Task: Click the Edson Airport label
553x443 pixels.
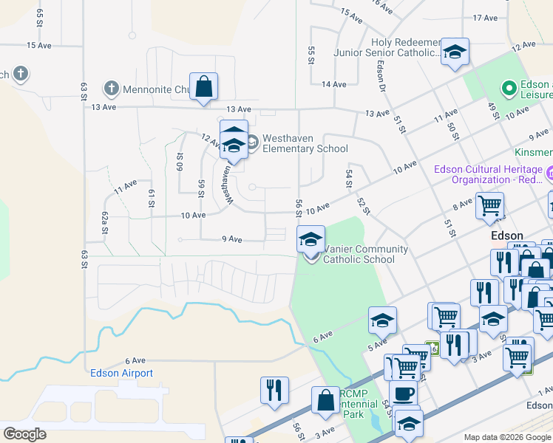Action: pos(121,373)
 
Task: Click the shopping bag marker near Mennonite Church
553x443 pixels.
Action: pos(203,87)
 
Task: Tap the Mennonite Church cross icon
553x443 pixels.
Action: pos(112,89)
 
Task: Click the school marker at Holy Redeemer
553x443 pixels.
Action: pos(455,52)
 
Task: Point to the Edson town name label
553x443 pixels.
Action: pos(507,236)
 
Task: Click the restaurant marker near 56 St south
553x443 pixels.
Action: pos(274,391)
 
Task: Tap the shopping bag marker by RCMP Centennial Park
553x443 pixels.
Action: pos(325,401)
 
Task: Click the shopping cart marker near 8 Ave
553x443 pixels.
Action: pos(489,207)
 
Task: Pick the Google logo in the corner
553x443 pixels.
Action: pos(25,433)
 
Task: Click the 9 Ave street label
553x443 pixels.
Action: pos(232,239)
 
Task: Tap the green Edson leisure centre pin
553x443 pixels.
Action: pos(509,89)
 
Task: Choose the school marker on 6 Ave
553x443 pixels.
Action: pos(382,320)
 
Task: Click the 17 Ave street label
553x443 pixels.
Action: pos(486,18)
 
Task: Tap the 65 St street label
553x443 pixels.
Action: pos(39,18)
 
